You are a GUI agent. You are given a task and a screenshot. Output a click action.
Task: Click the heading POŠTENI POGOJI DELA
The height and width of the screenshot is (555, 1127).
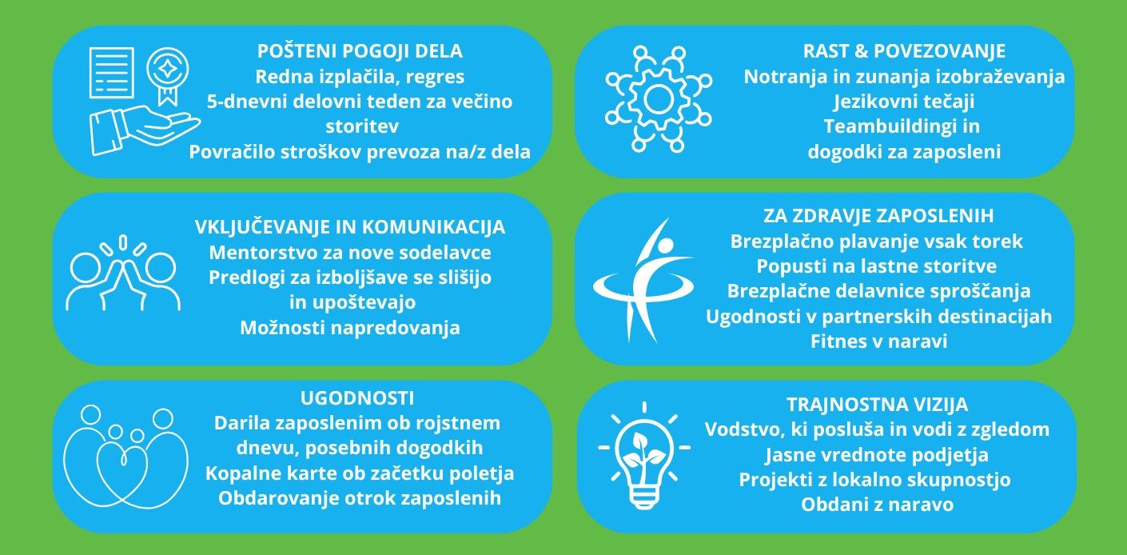[x=360, y=51]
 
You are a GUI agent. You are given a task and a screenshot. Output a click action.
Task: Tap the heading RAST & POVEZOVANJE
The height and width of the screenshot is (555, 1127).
[x=904, y=51]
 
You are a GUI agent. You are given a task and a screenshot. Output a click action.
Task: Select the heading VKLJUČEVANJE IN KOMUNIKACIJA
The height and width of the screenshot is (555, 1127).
[x=349, y=227]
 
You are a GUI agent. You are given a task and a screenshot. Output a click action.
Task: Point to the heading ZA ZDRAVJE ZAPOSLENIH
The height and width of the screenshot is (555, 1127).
[x=878, y=216]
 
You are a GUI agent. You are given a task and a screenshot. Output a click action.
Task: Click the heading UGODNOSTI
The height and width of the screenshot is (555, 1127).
[x=357, y=398]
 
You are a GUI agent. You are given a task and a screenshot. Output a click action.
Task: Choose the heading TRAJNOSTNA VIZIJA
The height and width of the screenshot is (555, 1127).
[x=878, y=405]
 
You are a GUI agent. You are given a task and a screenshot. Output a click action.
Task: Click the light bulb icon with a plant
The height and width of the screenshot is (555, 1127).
[x=644, y=455]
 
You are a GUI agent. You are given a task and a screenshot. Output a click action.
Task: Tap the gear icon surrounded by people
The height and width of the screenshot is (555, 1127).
[x=659, y=99]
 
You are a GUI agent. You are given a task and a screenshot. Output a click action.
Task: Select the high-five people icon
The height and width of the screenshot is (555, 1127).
[x=123, y=272]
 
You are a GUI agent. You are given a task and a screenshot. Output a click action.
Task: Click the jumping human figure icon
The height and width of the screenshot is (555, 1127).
[x=643, y=280]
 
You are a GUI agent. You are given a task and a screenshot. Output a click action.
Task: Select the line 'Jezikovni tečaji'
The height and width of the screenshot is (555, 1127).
[x=904, y=102]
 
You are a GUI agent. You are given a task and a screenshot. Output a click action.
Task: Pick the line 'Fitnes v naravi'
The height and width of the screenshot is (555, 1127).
[x=879, y=341]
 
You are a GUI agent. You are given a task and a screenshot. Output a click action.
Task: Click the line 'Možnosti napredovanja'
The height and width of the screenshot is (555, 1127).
[x=349, y=328]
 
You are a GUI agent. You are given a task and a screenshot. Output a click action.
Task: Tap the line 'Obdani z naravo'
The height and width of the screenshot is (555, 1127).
[x=878, y=505]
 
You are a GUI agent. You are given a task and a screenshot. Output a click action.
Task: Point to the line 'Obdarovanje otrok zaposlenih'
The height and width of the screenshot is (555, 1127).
[x=360, y=498]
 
